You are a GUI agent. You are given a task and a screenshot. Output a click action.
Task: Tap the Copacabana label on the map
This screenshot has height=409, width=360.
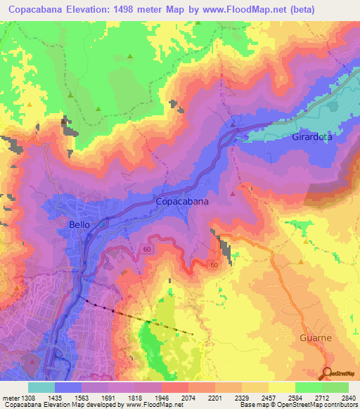point(181,201)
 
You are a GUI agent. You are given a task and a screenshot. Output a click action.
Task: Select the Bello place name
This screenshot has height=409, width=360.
point(79,223)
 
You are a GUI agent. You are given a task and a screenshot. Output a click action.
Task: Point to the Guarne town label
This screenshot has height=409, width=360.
point(314,337)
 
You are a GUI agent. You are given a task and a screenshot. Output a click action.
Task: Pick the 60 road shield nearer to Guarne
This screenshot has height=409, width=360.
point(213,265)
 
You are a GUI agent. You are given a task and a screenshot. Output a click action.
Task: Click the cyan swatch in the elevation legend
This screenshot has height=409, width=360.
point(41,387)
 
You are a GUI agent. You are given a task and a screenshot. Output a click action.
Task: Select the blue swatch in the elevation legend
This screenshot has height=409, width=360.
point(68,387)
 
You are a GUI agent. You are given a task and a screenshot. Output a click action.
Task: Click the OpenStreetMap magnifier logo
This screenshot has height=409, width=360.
point(327,372)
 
